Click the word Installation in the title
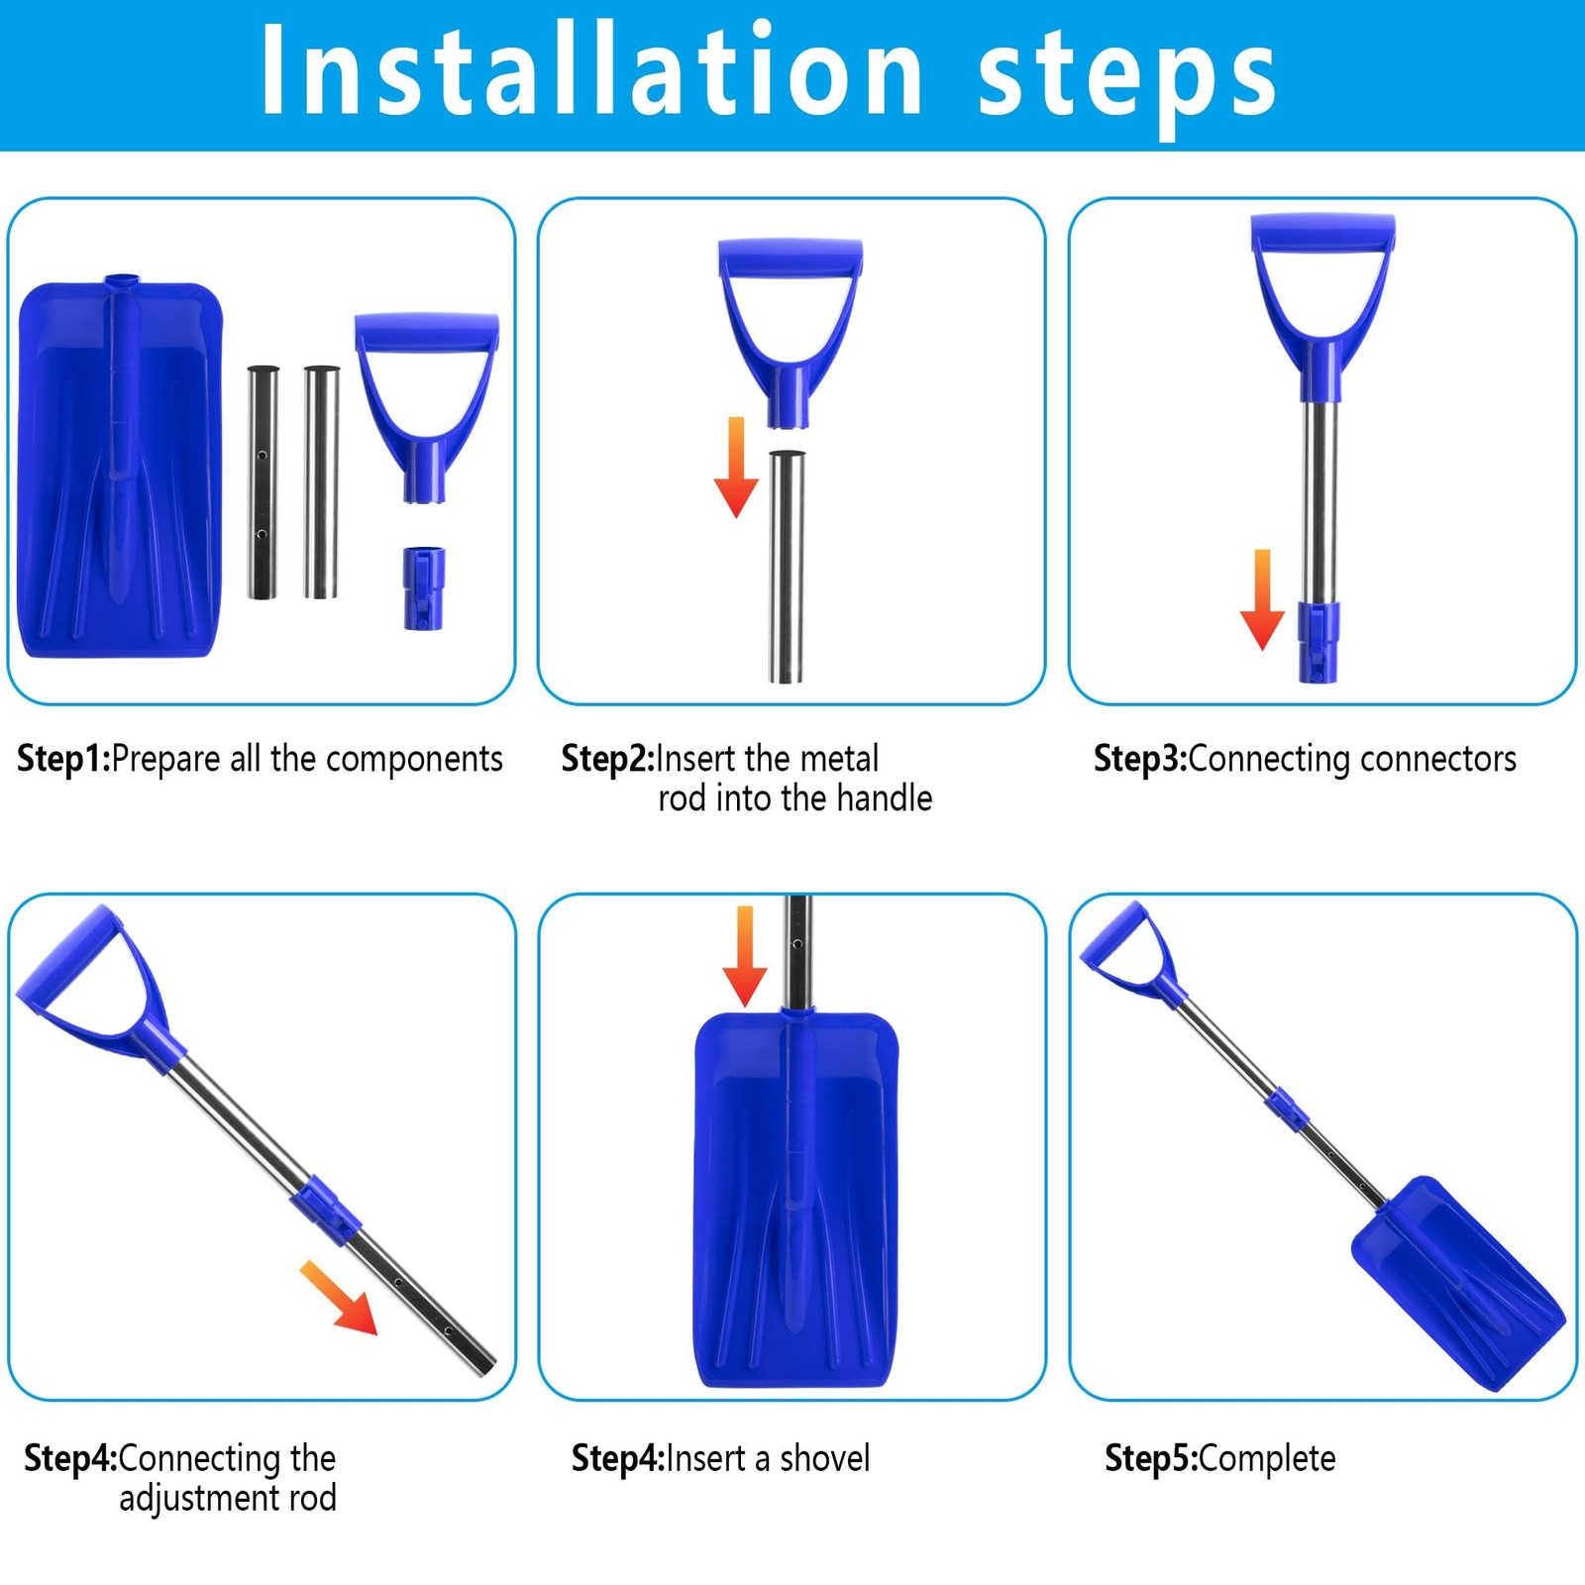[x=591, y=71]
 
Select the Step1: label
[x=64, y=759]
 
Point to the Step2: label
[x=608, y=759]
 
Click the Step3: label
[x=1140, y=759]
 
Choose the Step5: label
[x=1151, y=1458]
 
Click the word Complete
[x=1267, y=1459]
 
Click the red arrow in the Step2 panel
[x=736, y=467]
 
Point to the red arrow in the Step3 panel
[x=1262, y=599]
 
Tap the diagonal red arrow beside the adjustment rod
[x=339, y=1298]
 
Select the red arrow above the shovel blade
[x=745, y=956]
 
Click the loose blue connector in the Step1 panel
[x=424, y=587]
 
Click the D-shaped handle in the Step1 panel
[x=427, y=407]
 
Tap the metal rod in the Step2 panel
[x=787, y=567]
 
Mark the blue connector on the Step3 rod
[x=1319, y=642]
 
